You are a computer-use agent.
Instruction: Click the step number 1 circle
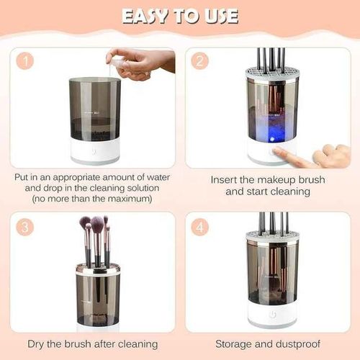[26, 61]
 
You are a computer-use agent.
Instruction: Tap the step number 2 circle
[200, 61]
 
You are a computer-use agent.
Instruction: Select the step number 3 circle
[26, 226]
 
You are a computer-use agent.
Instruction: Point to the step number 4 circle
[200, 226]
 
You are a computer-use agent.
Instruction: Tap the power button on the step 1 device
[94, 153]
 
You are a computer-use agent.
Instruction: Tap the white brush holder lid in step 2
[271, 73]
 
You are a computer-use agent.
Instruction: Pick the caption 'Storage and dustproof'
[271, 343]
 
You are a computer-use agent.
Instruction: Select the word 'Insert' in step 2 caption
[226, 179]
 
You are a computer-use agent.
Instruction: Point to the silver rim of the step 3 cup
[98, 269]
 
